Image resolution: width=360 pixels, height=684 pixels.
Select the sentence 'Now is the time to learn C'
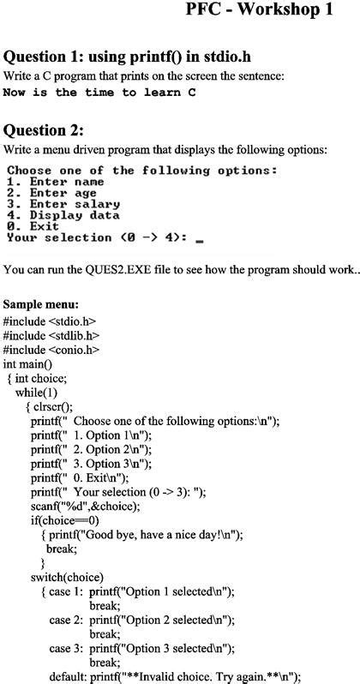(99, 92)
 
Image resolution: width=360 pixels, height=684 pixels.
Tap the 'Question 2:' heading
(44, 130)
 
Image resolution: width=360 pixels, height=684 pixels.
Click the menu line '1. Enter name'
(55, 182)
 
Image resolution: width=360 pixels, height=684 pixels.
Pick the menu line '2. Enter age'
(51, 193)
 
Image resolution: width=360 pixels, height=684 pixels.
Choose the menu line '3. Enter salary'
(62, 204)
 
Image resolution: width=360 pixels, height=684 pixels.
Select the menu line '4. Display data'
(62, 215)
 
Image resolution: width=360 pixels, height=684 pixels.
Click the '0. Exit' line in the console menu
(33, 226)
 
